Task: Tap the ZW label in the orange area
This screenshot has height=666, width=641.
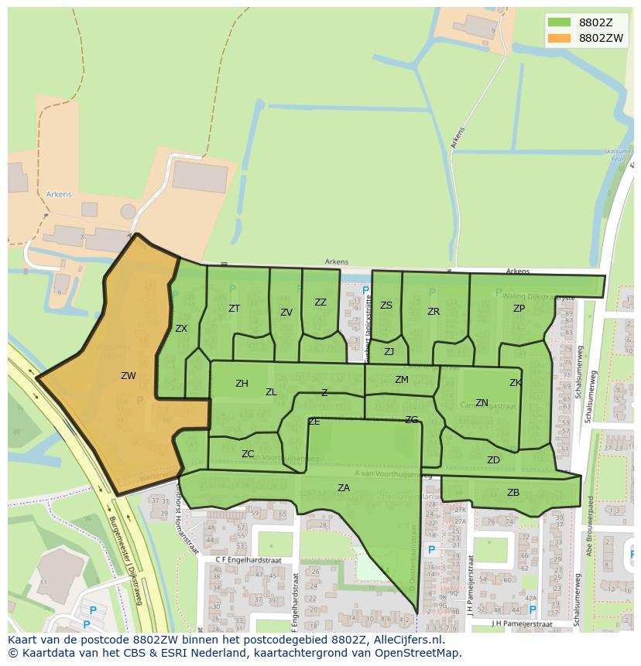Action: coord(129,376)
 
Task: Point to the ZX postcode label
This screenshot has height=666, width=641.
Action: coord(181,329)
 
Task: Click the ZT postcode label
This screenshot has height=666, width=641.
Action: coord(235,309)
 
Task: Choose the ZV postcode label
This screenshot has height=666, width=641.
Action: coord(286,313)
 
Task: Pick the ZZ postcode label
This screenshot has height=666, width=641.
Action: coord(320,302)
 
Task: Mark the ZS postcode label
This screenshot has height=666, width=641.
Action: coord(386,306)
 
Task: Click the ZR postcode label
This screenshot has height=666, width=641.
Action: coord(434,312)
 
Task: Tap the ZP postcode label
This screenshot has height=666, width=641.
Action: coord(519,309)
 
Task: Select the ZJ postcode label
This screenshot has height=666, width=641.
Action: coord(389,352)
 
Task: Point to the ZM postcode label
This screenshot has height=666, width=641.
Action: coord(401,380)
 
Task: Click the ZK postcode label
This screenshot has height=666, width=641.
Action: coord(516,383)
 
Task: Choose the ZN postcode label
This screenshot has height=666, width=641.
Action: coord(482,403)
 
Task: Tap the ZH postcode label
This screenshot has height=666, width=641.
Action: coord(242,384)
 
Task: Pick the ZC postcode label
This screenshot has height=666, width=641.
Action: coord(248,454)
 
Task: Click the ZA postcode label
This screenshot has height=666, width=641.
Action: coord(344,487)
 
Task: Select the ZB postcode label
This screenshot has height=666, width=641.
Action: coord(513,493)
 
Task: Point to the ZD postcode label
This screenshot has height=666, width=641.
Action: coord(493,460)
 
